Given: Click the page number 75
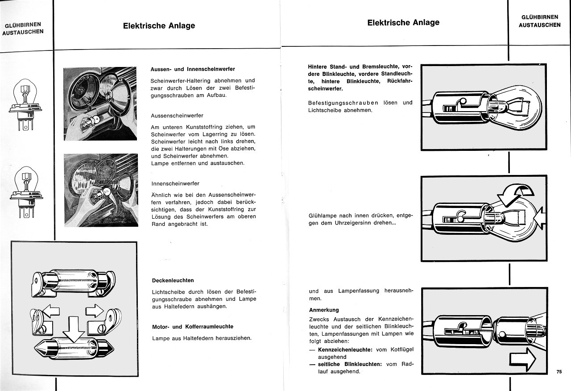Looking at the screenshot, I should (559, 372).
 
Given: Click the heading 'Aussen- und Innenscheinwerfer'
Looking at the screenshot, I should (193, 69).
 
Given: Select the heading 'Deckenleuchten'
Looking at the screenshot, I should (173, 280).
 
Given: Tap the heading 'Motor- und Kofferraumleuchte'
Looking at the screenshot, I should (193, 327).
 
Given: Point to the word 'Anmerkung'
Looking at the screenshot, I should (324, 310).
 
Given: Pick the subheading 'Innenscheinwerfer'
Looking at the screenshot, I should (175, 183).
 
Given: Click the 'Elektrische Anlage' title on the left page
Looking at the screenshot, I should (159, 26).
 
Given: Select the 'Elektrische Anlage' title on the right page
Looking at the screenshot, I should (403, 22).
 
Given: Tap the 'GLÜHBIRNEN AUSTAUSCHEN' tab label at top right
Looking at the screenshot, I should (539, 21).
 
